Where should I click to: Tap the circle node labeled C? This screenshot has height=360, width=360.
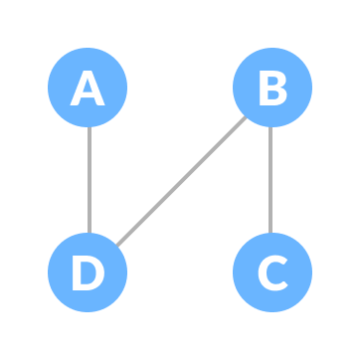tap(271, 272)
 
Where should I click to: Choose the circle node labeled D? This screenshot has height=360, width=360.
tap(88, 272)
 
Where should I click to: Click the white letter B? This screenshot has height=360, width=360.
tap(271, 89)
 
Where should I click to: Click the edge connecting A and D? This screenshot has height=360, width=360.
tap(89, 180)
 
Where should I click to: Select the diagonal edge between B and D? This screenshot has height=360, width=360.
tap(180, 181)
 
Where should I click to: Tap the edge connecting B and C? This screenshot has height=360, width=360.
tap(270, 180)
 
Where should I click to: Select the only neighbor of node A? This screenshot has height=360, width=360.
tap(88, 272)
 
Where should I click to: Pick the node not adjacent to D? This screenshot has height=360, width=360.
tap(271, 272)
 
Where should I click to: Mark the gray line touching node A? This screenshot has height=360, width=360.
tap(89, 180)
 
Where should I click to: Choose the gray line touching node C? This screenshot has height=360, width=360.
tap(270, 180)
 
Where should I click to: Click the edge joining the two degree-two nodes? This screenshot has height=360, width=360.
tap(180, 181)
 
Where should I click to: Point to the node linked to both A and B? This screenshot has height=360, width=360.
tap(88, 272)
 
